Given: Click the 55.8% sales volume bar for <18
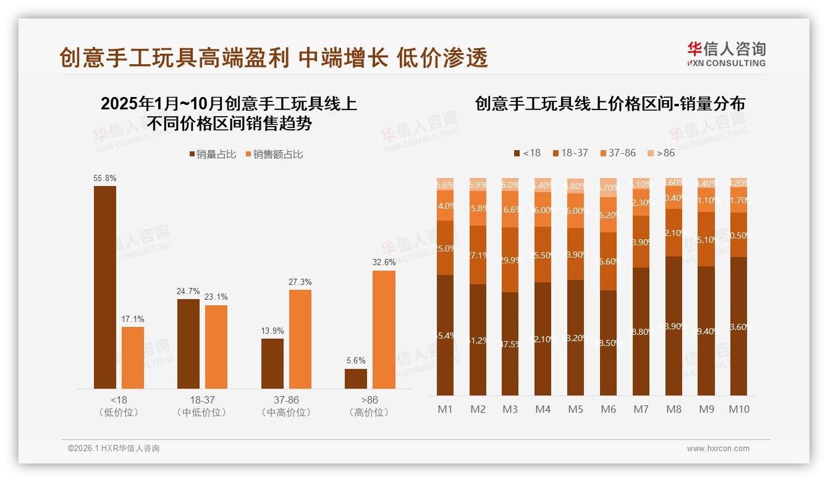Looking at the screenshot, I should tap(105, 287).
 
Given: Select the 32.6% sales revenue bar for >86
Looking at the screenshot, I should tap(384, 329).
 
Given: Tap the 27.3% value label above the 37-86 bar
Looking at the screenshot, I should tap(300, 282).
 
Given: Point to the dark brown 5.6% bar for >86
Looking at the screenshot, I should tap(356, 379).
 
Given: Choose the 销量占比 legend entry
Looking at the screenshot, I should tap(213, 154).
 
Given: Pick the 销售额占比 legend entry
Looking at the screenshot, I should tap(274, 154).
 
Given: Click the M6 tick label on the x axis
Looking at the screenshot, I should tap(609, 409).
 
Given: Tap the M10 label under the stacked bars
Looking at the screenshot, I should tap(739, 409).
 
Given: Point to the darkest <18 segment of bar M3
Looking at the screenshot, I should tap(510, 344).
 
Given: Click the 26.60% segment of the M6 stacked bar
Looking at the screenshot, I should tap(609, 261).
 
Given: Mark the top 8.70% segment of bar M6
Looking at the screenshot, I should tap(609, 187).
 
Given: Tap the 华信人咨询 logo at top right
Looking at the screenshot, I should tap(726, 54).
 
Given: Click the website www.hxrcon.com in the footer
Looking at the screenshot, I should tap(718, 449).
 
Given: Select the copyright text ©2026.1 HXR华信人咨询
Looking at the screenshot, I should tap(113, 449).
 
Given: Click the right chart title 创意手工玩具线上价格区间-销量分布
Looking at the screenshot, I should tap(610, 104).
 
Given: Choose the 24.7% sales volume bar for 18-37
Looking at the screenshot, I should tap(188, 344).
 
